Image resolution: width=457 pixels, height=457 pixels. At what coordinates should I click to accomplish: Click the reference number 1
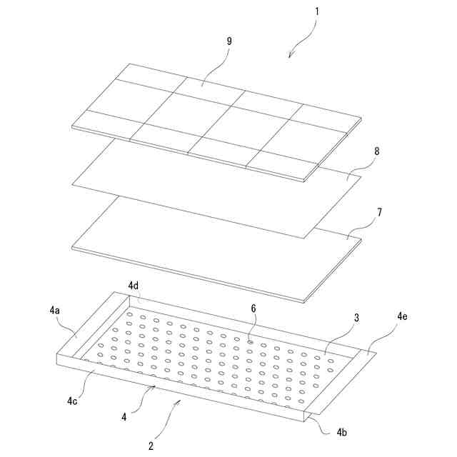(317, 11)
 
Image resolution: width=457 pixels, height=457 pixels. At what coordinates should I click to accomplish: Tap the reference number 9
(229, 41)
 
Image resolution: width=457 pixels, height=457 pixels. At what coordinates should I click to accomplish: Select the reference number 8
(377, 151)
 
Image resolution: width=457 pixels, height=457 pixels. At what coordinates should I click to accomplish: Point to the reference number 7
(379, 213)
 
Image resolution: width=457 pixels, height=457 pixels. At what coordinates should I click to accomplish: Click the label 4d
(134, 286)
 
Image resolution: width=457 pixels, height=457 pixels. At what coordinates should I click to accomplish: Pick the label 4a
(54, 311)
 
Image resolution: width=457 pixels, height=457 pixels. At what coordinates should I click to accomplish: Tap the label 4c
(72, 401)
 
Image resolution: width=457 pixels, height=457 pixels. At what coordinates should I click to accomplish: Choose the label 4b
(342, 433)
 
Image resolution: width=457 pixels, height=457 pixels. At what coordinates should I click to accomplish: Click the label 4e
(402, 316)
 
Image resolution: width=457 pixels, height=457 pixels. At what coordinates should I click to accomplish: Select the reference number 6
(253, 308)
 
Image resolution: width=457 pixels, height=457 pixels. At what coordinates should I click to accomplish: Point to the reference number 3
(357, 318)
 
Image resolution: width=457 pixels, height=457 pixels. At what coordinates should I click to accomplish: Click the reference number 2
(151, 446)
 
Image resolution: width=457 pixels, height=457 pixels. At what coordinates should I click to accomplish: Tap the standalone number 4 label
(124, 417)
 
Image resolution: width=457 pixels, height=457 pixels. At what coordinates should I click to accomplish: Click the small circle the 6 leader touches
(250, 342)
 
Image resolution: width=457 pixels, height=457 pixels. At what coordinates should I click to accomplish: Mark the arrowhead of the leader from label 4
(154, 387)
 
